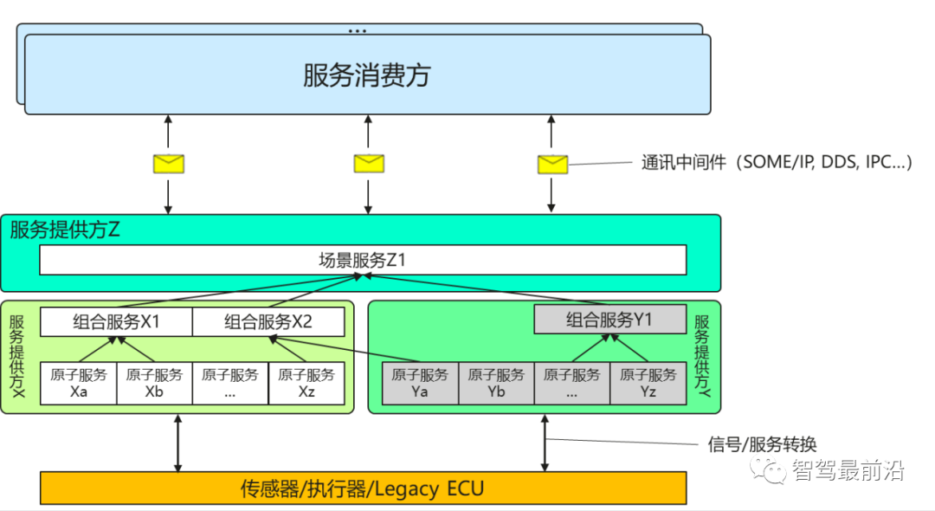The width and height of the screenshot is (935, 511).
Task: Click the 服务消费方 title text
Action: click(366, 75)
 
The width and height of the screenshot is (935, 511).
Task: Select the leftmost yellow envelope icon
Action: click(169, 163)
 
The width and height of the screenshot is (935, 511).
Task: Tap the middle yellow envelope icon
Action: click(369, 163)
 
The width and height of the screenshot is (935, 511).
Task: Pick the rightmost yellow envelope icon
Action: click(552, 164)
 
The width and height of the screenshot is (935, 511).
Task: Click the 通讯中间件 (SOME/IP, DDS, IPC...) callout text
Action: click(776, 163)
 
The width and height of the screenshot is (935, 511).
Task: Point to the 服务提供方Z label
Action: click(65, 230)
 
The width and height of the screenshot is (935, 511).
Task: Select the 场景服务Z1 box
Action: click(363, 260)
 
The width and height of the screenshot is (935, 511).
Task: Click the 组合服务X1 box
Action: click(116, 322)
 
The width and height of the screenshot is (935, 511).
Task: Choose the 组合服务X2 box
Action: click(268, 322)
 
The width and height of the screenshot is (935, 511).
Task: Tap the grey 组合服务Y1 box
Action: click(609, 320)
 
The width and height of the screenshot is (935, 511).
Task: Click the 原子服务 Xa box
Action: click(79, 383)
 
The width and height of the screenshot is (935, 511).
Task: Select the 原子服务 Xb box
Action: click(154, 383)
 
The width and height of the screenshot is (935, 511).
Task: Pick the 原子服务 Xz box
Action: click(306, 383)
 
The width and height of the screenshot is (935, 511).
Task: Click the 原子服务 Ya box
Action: click(420, 383)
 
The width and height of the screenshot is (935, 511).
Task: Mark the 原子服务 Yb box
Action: click(496, 383)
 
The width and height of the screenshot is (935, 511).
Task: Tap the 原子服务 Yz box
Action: click(648, 383)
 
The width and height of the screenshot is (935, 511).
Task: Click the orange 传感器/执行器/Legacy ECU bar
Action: click(363, 488)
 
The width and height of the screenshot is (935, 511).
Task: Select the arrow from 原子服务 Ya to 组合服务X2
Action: click(346, 350)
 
